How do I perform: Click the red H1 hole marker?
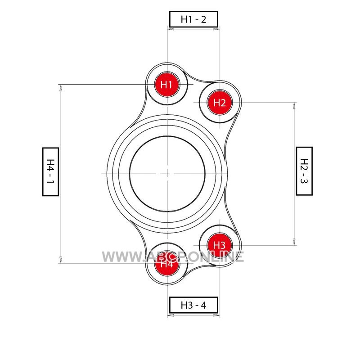click(166, 85)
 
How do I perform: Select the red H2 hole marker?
click(220, 102)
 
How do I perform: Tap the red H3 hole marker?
click(220, 245)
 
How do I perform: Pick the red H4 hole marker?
click(166, 263)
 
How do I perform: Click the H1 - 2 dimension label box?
click(193, 19)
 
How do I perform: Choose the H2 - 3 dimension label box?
click(304, 171)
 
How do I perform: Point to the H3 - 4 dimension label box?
click(193, 305)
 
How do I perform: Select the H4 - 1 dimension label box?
click(50, 171)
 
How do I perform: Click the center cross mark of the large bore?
click(167, 174)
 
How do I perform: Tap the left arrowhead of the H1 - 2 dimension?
click(171, 29)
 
